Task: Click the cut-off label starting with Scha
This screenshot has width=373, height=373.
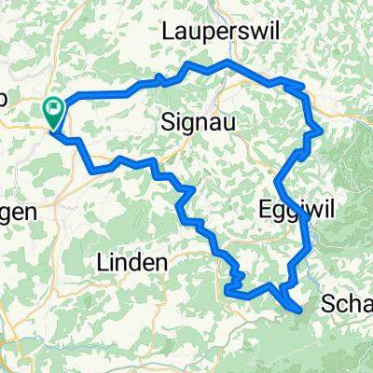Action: point(346,304)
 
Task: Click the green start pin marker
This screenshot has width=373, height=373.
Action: point(53,112)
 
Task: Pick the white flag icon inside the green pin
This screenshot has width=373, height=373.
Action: point(53,109)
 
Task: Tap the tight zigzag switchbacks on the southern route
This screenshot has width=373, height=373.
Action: point(234,276)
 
